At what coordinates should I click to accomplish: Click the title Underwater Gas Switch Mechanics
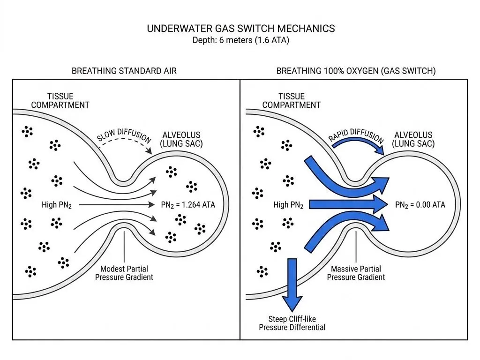point(240,29)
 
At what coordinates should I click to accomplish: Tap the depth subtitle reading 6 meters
point(241,40)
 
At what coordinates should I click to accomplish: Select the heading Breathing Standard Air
point(124,71)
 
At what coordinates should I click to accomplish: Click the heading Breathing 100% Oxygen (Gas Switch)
point(356,71)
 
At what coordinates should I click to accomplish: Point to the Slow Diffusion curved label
point(124,135)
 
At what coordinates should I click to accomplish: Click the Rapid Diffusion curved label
point(356,135)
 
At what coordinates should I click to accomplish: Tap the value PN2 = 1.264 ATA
point(188,205)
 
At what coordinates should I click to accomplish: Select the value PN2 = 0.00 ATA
point(420,205)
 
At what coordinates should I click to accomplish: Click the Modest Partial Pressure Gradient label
point(124,273)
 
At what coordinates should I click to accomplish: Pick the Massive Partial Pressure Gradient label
point(356,273)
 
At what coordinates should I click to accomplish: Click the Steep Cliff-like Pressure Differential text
point(292,323)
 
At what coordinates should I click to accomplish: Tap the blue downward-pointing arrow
point(292,285)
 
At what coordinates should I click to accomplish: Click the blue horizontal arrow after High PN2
point(349,204)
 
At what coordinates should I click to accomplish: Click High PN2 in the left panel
point(57,205)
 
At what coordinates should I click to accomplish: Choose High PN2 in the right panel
point(288,205)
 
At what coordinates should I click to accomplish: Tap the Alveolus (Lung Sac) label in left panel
point(181,139)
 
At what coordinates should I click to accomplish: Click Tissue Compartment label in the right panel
point(292,101)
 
